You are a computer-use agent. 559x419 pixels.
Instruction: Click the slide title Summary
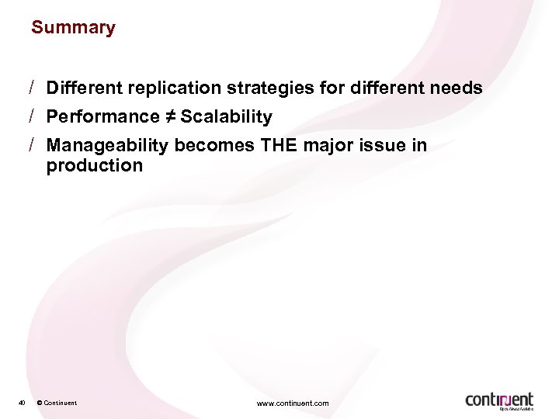tap(73, 28)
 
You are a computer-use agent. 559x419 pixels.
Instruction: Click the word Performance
tap(102, 117)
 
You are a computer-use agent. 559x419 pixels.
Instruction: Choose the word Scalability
tap(226, 117)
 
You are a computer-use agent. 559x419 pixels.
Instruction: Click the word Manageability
tap(108, 146)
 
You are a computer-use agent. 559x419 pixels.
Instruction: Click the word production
tap(95, 165)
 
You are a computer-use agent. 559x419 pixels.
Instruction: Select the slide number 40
tap(22, 403)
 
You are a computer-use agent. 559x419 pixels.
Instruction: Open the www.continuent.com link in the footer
tap(292, 403)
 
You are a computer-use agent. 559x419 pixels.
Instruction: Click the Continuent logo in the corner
tap(499, 399)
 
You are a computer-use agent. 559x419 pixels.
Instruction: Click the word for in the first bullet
tap(332, 88)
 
